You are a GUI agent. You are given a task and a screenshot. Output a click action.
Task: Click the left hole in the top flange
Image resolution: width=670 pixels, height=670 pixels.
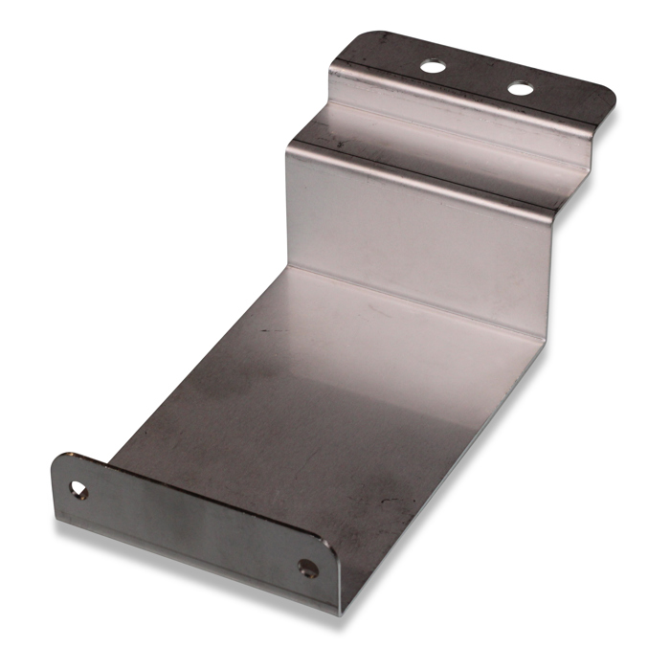pyautogui.click(x=433, y=67)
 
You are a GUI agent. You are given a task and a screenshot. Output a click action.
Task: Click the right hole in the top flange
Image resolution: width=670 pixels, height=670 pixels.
pyautogui.click(x=520, y=88)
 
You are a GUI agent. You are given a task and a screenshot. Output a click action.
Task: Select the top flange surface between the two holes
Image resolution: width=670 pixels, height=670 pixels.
pyautogui.click(x=476, y=77)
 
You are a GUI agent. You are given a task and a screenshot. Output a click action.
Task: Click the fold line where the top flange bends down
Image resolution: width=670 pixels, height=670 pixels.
pyautogui.click(x=469, y=96)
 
